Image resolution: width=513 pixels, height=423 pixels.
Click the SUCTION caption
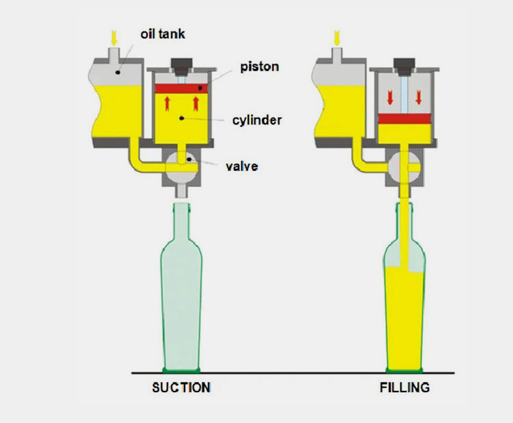click(181, 388)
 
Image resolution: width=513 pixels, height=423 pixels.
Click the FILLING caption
click(404, 388)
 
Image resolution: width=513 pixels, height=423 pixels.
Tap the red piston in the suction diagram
click(181, 88)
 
